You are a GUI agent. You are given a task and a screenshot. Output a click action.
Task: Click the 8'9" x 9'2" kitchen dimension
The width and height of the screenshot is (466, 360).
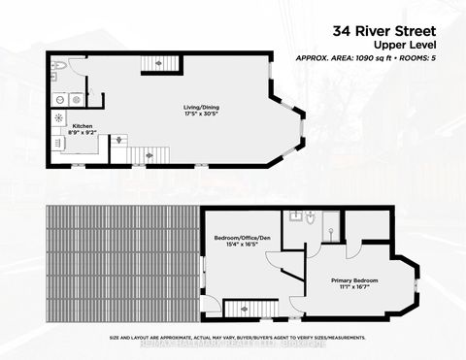pos(82,134)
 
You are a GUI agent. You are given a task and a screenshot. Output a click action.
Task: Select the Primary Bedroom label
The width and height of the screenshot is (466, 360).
pos(352,280)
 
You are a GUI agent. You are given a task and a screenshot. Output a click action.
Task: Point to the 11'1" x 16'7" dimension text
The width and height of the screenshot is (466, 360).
pos(352,288)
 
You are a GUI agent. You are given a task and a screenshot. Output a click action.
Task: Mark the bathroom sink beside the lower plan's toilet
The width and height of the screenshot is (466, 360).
pos(290,215)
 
